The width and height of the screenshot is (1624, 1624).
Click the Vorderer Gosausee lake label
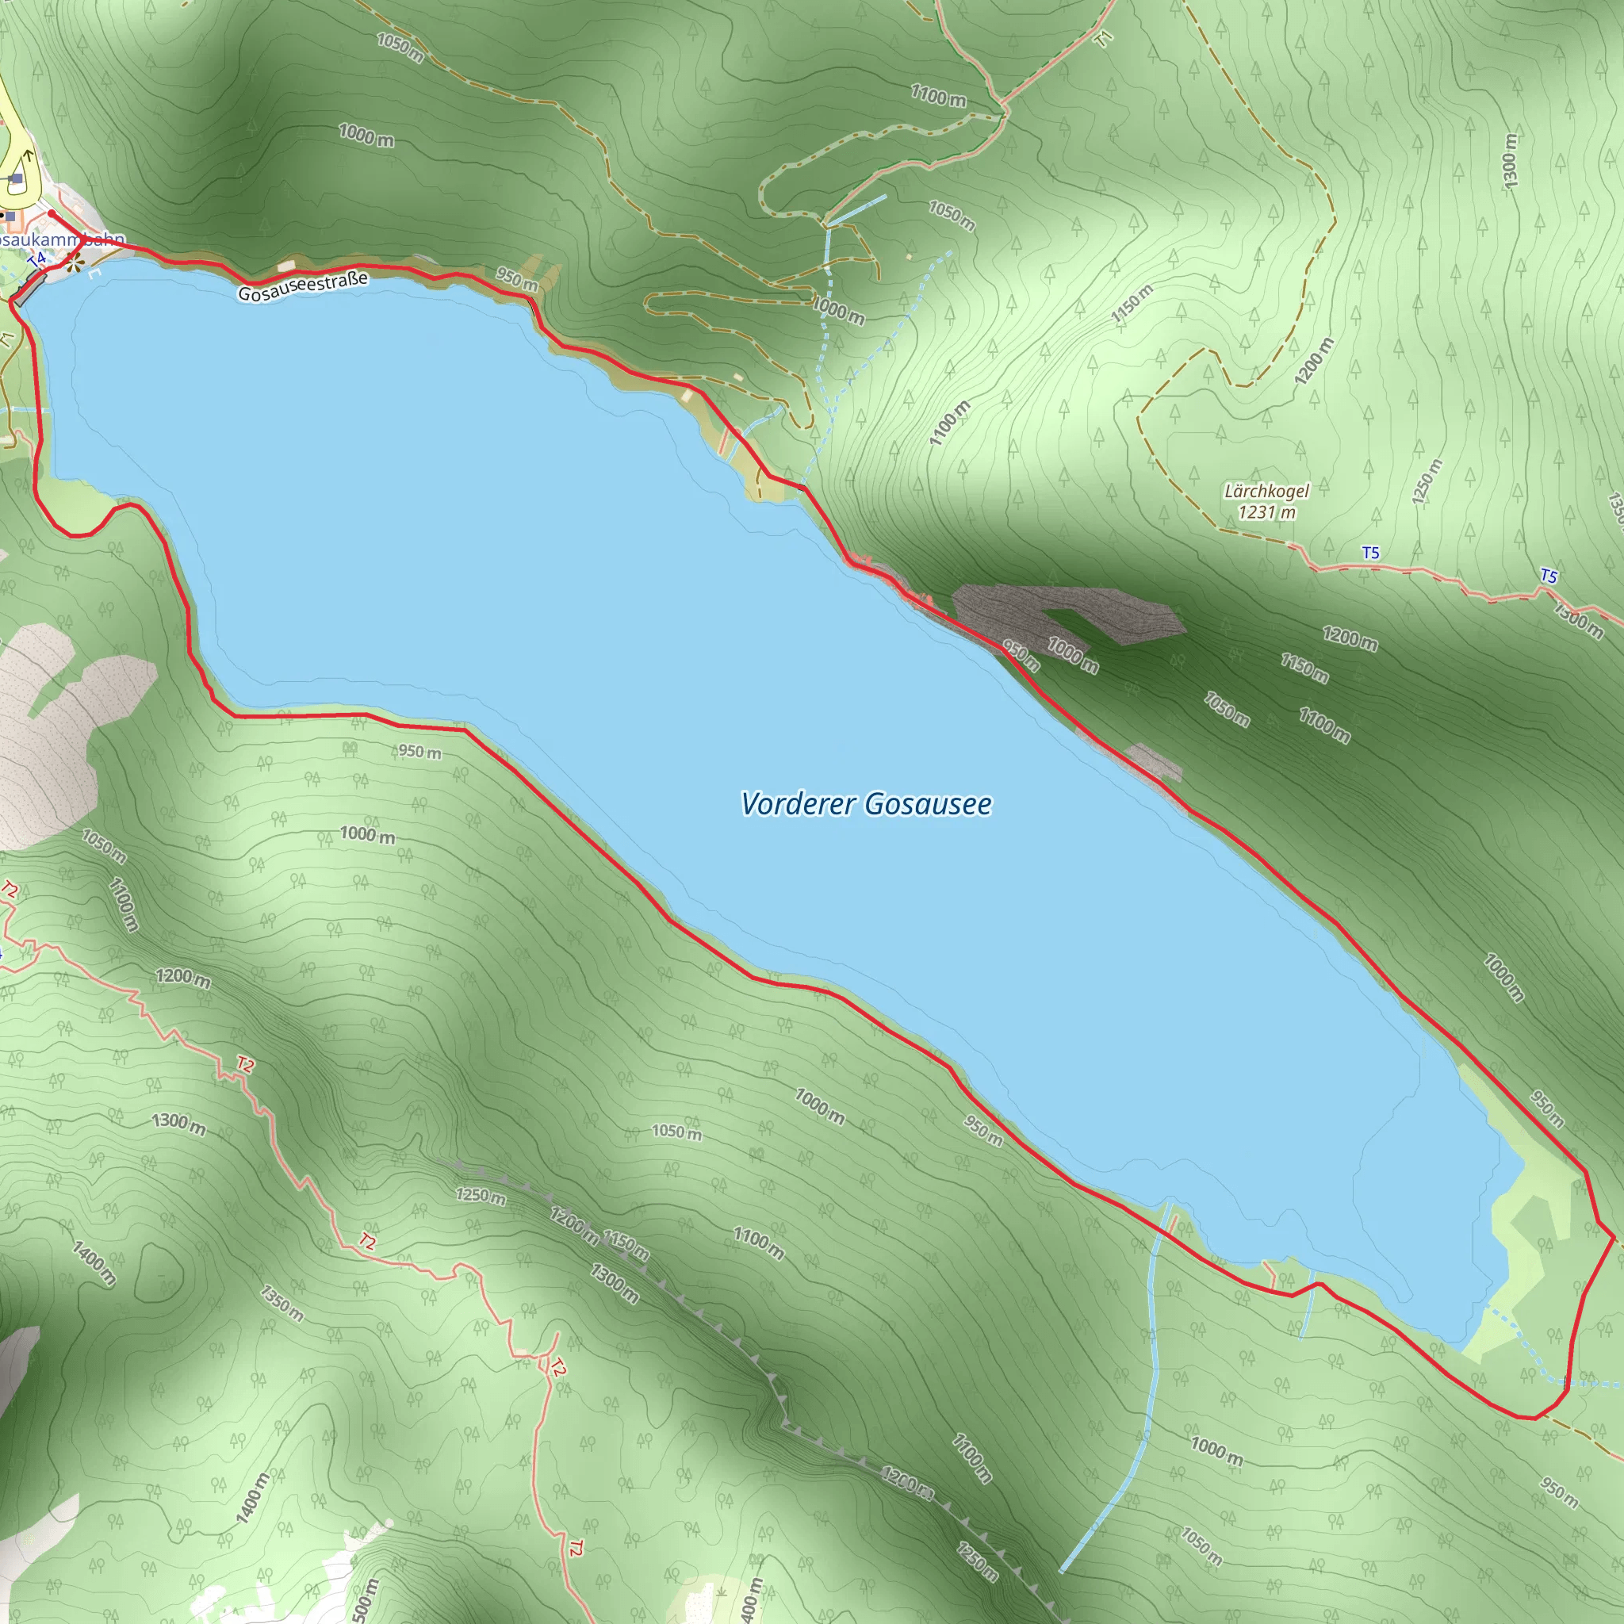pos(866,804)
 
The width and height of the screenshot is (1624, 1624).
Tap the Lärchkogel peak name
pos(1266,491)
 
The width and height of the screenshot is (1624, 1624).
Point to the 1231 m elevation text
pos(1266,512)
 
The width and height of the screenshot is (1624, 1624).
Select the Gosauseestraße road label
pos(303,286)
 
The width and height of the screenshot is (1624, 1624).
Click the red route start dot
pos(52,213)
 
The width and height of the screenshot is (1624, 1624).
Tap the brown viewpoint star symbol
pos(75,264)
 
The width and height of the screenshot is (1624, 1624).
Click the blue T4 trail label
pos(36,261)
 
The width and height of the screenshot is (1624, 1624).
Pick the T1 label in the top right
pos(1105,39)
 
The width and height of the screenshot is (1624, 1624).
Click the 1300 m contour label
pos(1510,159)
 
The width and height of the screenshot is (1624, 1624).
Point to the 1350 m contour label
pos(282,1302)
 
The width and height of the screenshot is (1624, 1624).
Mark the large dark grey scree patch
pos(1067,614)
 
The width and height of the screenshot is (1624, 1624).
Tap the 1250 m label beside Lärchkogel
pos(1427,481)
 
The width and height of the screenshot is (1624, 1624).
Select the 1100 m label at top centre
pos(938,96)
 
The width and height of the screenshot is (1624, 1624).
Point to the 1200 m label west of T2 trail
pos(182,978)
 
